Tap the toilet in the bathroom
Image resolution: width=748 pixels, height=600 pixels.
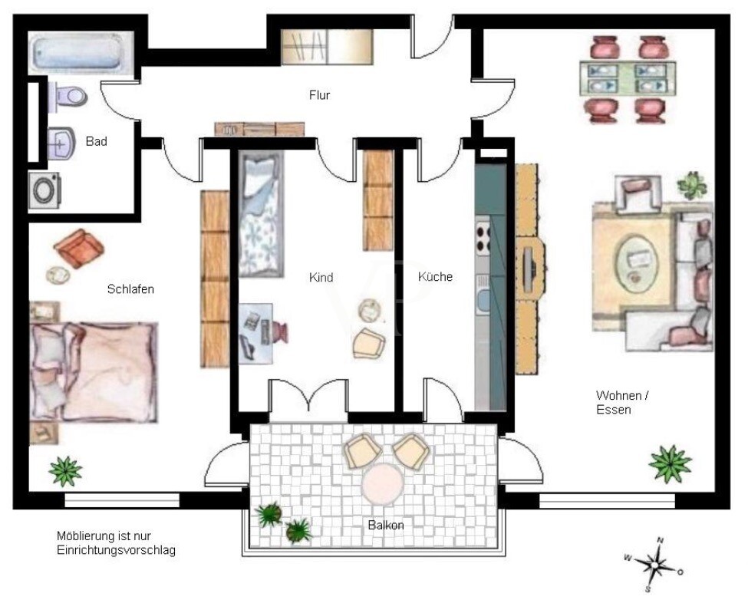[68, 97]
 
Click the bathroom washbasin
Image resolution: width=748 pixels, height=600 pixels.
[62, 143]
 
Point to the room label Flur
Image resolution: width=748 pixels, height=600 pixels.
[320, 95]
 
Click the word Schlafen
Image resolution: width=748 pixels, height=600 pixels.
[130, 289]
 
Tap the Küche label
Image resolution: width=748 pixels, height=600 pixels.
[435, 277]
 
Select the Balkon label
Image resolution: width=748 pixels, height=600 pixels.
[386, 525]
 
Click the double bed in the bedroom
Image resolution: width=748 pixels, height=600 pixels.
[94, 372]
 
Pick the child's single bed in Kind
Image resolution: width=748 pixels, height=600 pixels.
[261, 213]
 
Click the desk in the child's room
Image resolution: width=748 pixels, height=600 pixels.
[255, 334]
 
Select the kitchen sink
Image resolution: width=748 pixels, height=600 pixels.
[483, 299]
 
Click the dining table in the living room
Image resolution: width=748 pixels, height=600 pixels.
[628, 77]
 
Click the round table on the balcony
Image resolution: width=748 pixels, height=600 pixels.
[381, 485]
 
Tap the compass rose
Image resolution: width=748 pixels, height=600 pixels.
[654, 565]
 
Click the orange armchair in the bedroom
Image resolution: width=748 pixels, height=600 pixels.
[79, 248]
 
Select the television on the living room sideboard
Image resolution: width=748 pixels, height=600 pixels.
[529, 270]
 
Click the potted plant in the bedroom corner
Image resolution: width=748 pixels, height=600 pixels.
[65, 471]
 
